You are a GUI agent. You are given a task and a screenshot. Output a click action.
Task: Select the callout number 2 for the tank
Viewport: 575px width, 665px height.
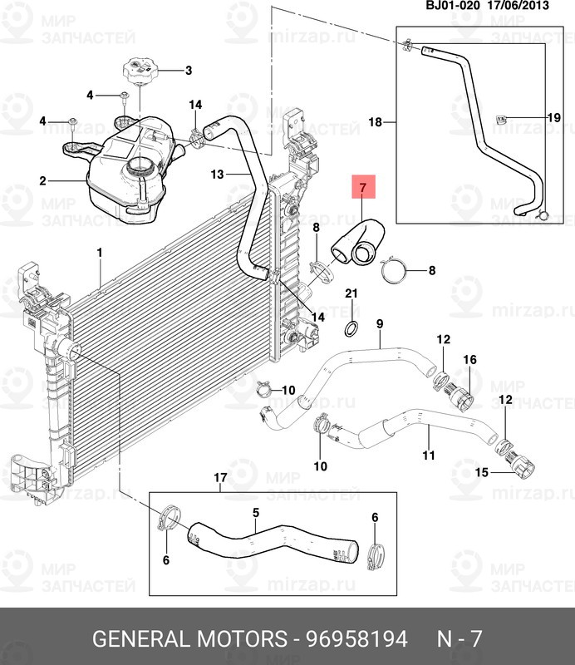42,180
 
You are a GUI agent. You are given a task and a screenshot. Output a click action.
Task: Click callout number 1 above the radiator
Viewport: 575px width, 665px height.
99,252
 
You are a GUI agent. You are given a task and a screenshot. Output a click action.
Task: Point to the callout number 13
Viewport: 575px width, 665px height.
217,175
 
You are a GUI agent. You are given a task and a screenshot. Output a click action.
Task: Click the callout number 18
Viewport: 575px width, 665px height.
375,122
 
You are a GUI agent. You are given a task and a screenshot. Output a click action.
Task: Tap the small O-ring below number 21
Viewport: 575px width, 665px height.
351,326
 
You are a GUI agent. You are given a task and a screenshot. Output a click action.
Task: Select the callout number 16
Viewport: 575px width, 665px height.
469,360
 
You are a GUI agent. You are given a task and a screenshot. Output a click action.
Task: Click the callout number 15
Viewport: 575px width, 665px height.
481,472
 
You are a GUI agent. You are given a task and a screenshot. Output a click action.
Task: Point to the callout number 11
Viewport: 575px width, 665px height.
429,456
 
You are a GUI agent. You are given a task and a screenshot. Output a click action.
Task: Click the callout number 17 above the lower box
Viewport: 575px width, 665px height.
220,478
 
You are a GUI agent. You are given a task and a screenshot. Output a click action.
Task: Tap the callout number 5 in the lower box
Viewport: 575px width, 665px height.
256,513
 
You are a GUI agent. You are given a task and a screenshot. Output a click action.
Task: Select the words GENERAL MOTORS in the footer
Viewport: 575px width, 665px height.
187,639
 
